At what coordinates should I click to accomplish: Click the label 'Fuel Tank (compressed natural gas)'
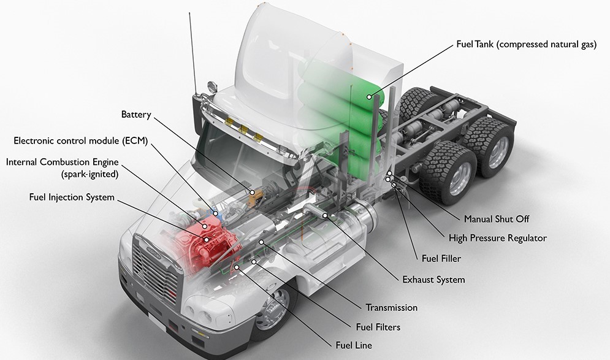pos(526,45)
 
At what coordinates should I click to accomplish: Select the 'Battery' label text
pos(135,115)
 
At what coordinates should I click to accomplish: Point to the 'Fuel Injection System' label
pos(71,197)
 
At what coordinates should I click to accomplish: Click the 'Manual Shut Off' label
pos(496,218)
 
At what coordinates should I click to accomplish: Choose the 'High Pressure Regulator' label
pos(497,238)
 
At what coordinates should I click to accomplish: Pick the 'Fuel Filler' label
pos(441,259)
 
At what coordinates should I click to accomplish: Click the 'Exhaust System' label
pos(433,280)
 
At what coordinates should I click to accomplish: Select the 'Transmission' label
pos(391,307)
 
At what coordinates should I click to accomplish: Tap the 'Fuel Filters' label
pos(378,327)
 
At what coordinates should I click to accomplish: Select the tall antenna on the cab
pos(193,49)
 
